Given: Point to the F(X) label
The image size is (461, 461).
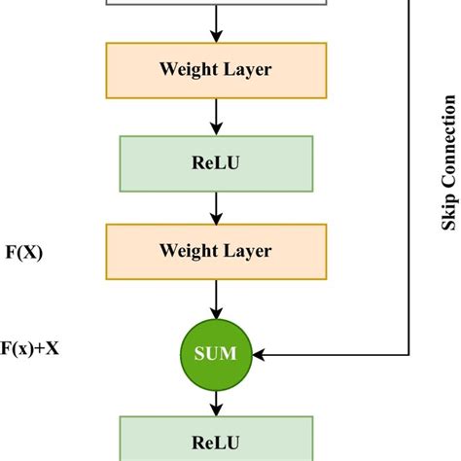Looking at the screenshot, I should click(23, 251).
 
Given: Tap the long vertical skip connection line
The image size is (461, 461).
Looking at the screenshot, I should click(409, 175).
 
